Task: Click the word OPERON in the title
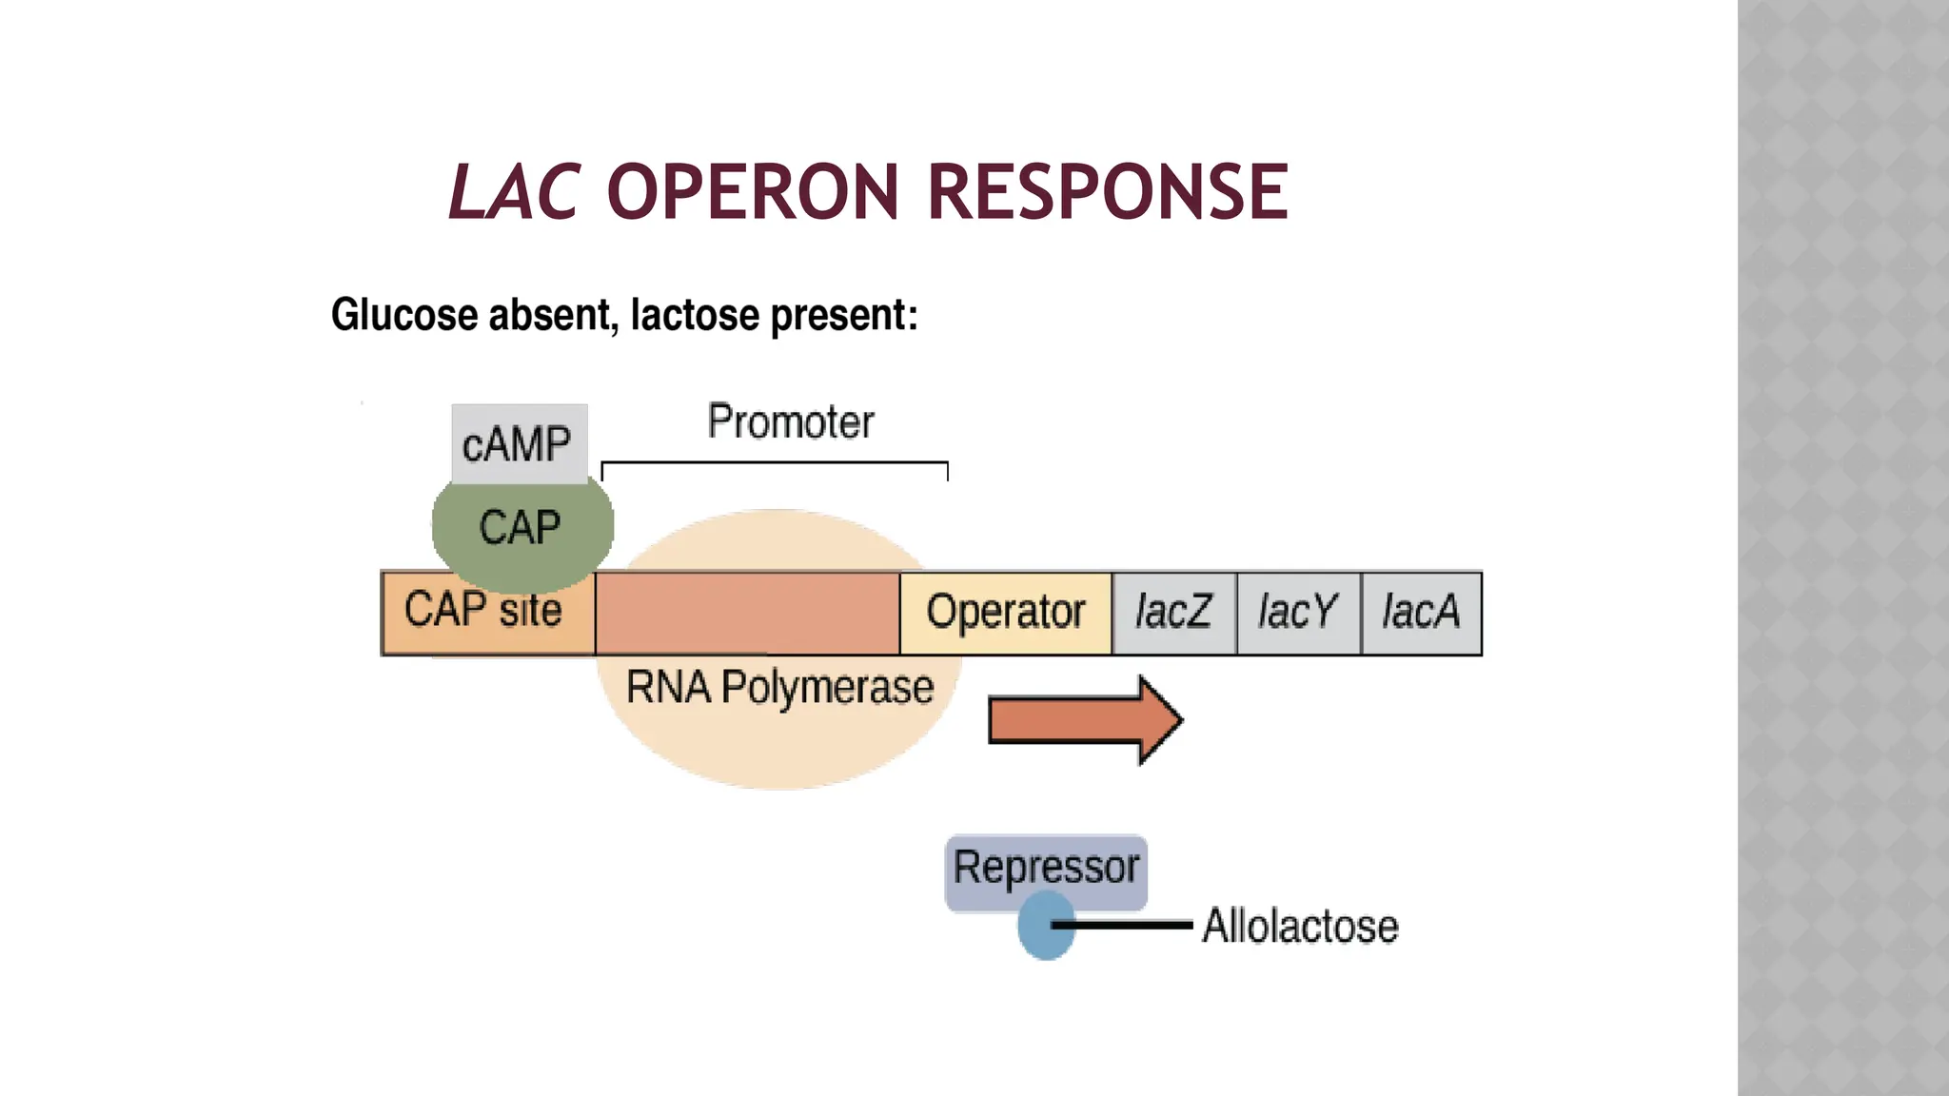coord(752,192)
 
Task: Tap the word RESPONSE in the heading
coord(1108,192)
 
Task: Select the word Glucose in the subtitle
coord(404,315)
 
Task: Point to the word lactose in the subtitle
coord(695,315)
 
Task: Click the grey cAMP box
coord(519,443)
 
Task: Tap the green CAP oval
coord(521,528)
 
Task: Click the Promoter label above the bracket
coord(790,421)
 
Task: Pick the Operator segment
coord(1005,613)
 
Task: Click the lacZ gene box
coord(1173,613)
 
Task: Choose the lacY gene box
coord(1298,613)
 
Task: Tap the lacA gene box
coord(1421,613)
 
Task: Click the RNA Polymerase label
coord(779,687)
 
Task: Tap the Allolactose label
coord(1300,926)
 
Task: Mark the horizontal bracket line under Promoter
coord(775,463)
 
